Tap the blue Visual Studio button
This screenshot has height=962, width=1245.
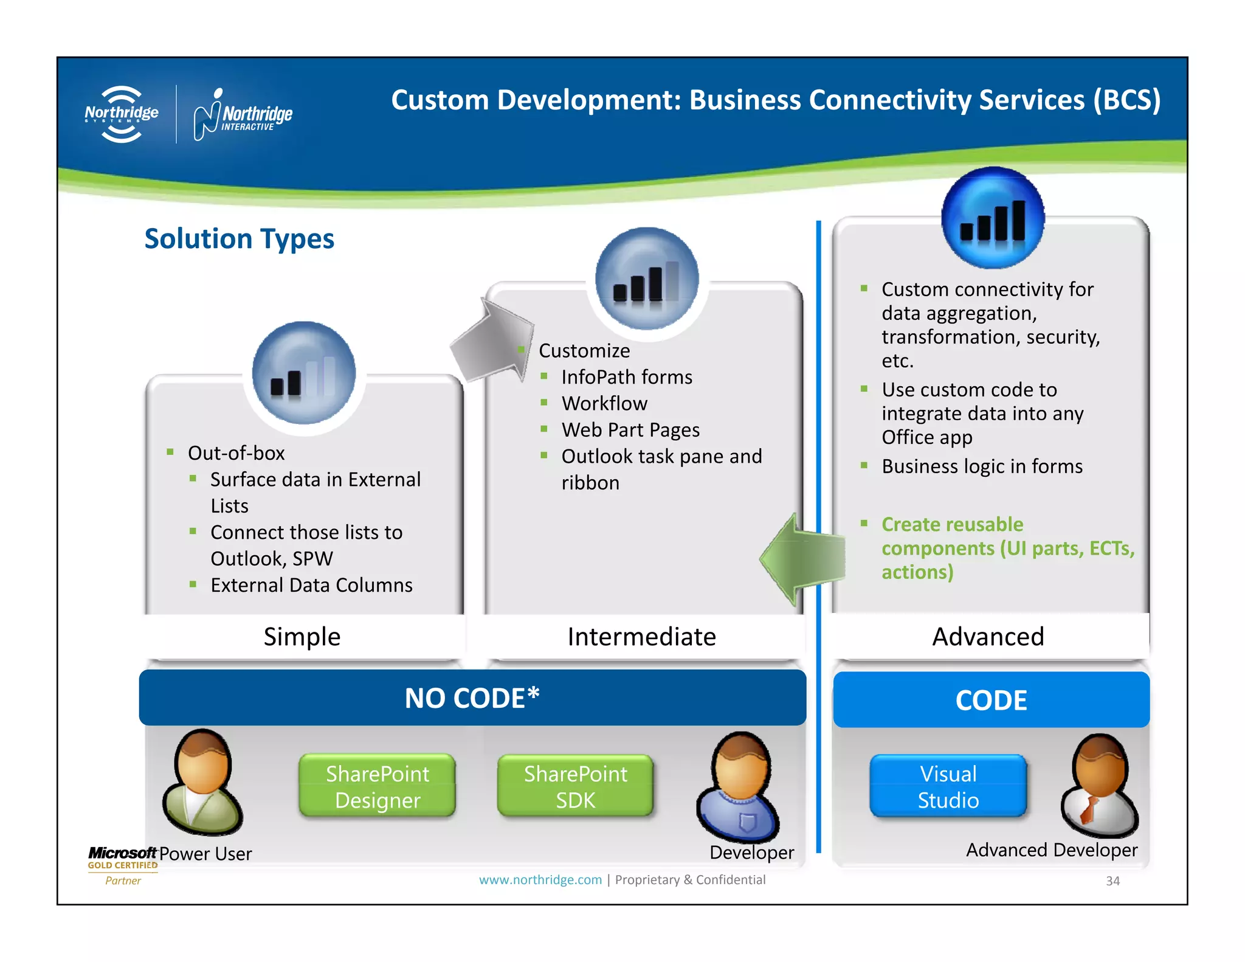click(x=948, y=786)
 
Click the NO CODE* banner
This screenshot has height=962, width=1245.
click(x=472, y=698)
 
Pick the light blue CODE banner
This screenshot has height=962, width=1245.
click(x=991, y=700)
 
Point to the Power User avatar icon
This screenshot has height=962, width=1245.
click(x=202, y=783)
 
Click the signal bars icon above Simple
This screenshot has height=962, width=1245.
click(x=303, y=374)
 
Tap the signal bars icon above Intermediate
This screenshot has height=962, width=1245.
click(x=647, y=279)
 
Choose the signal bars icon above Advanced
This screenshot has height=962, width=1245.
click(x=993, y=218)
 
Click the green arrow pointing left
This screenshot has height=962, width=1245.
click(x=801, y=558)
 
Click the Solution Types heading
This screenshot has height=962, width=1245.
click(x=239, y=238)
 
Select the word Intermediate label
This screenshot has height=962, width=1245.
click(x=641, y=637)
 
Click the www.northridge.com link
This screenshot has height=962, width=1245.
click(x=540, y=880)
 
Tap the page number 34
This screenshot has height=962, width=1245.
click(x=1112, y=881)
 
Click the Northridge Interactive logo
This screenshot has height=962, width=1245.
click(x=243, y=114)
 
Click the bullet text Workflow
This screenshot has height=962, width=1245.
click(x=604, y=403)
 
